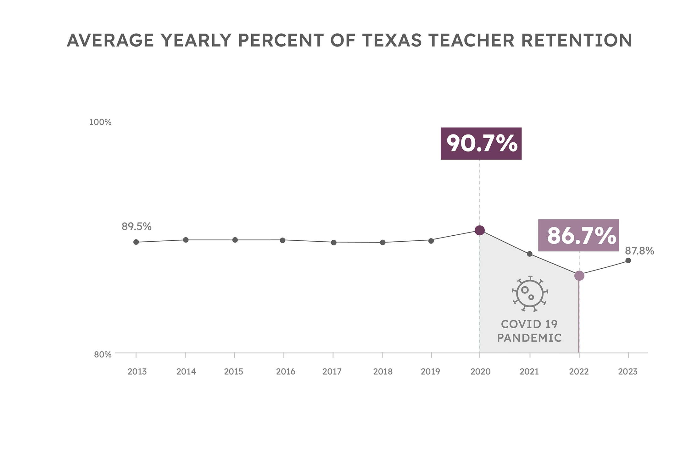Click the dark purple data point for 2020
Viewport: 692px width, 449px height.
click(479, 230)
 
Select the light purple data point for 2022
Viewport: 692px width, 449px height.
click(579, 276)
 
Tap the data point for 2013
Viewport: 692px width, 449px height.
click(136, 242)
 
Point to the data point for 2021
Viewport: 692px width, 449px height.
click(529, 254)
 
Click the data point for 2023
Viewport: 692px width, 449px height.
click(628, 260)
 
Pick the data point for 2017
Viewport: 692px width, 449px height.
click(334, 243)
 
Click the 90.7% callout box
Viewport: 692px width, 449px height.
click(481, 144)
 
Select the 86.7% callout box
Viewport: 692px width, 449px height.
click(578, 235)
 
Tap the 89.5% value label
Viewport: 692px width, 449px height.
click(137, 227)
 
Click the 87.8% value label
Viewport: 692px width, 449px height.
click(639, 251)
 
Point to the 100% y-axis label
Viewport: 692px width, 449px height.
click(100, 122)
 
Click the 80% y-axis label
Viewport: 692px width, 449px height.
click(103, 355)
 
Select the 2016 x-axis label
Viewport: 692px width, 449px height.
click(286, 372)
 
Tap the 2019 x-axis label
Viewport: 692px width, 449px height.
click(430, 372)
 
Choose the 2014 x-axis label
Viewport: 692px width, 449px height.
click(186, 372)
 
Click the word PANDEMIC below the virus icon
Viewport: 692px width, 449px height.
click(529, 338)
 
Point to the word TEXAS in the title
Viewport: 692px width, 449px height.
click(392, 41)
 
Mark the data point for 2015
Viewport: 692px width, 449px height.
click(235, 240)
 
